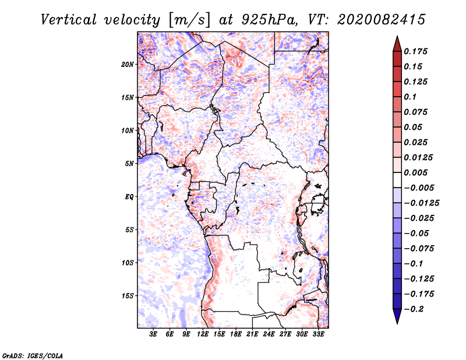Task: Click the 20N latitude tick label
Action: [128, 65]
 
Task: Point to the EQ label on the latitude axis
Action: [129, 197]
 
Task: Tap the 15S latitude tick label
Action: [128, 296]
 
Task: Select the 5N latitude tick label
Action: [129, 164]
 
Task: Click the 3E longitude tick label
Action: [153, 334]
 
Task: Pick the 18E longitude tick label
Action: [236, 334]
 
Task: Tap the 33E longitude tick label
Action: [318, 334]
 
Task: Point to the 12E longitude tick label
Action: [203, 334]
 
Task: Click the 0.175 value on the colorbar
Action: [415, 51]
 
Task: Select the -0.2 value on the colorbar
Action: [414, 309]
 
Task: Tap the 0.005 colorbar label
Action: [415, 172]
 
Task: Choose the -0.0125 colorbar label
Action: [421, 203]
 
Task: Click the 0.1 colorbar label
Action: [410, 97]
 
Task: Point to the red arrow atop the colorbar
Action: [397, 44]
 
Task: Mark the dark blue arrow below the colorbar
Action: [397, 316]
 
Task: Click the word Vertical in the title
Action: [69, 20]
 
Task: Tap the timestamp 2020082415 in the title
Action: [382, 20]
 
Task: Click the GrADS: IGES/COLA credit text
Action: [33, 355]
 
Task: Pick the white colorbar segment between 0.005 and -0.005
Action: [397, 180]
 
